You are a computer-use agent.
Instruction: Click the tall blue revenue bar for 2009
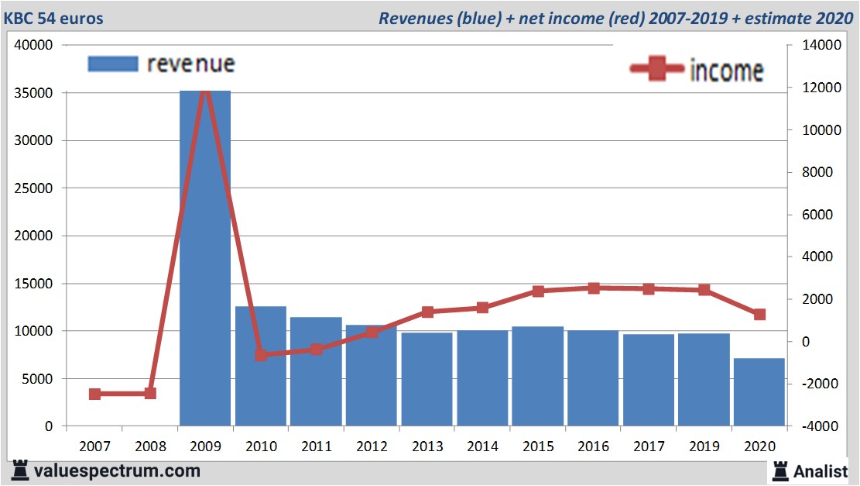point(205,256)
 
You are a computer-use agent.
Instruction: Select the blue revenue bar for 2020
point(759,391)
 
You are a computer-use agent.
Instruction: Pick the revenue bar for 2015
point(537,376)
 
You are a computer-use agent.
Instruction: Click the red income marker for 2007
point(94,394)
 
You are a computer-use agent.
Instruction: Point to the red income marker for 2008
point(150,393)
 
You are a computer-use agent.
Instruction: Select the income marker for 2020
point(759,314)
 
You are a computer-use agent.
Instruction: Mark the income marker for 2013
point(427,312)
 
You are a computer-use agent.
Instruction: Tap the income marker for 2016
point(594,288)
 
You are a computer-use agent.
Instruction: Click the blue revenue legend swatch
point(113,64)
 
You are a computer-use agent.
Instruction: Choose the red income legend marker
point(657,69)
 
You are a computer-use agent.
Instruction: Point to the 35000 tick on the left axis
point(36,93)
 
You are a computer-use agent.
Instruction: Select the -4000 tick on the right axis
point(810,426)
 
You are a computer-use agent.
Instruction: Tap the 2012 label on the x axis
point(372,446)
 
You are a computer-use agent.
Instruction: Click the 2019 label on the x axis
point(704,446)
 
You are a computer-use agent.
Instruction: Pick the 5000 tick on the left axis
point(39,379)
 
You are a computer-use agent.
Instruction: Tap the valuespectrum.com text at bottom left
point(116,470)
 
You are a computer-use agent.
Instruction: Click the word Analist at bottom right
point(821,470)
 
